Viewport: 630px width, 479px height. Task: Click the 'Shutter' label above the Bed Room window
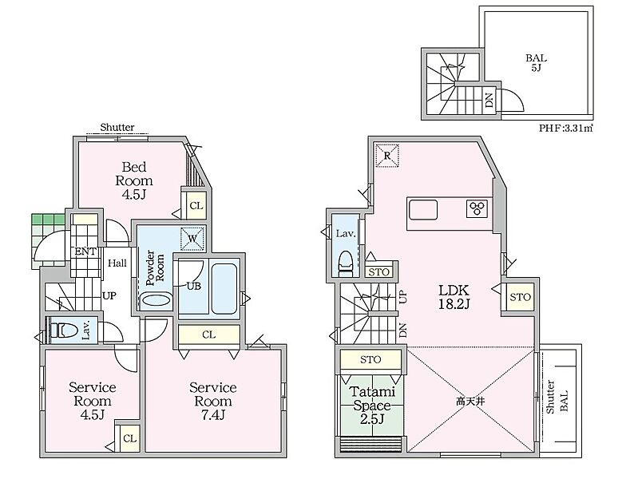(117, 128)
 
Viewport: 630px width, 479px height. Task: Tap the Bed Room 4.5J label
(134, 180)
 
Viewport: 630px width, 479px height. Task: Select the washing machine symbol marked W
(192, 239)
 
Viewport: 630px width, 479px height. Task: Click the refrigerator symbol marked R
(387, 155)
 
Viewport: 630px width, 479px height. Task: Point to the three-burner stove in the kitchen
(477, 208)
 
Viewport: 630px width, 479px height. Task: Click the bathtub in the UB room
(224, 288)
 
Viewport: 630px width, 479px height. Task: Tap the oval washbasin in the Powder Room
(156, 300)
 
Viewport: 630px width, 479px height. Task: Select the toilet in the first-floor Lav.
(65, 331)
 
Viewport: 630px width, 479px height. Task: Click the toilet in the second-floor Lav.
(346, 263)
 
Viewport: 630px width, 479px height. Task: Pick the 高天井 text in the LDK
(470, 401)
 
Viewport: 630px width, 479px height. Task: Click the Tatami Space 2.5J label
(371, 405)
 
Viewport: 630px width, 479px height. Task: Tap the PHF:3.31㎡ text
(565, 129)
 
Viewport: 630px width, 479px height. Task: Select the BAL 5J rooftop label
(537, 63)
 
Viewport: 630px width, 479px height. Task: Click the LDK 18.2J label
(454, 297)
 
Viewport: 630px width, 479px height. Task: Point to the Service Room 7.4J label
(212, 401)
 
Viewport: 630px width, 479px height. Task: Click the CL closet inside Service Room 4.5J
(129, 438)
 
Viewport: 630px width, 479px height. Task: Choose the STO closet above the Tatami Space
(370, 359)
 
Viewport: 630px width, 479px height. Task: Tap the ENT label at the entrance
(85, 252)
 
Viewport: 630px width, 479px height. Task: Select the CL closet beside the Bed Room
(196, 206)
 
